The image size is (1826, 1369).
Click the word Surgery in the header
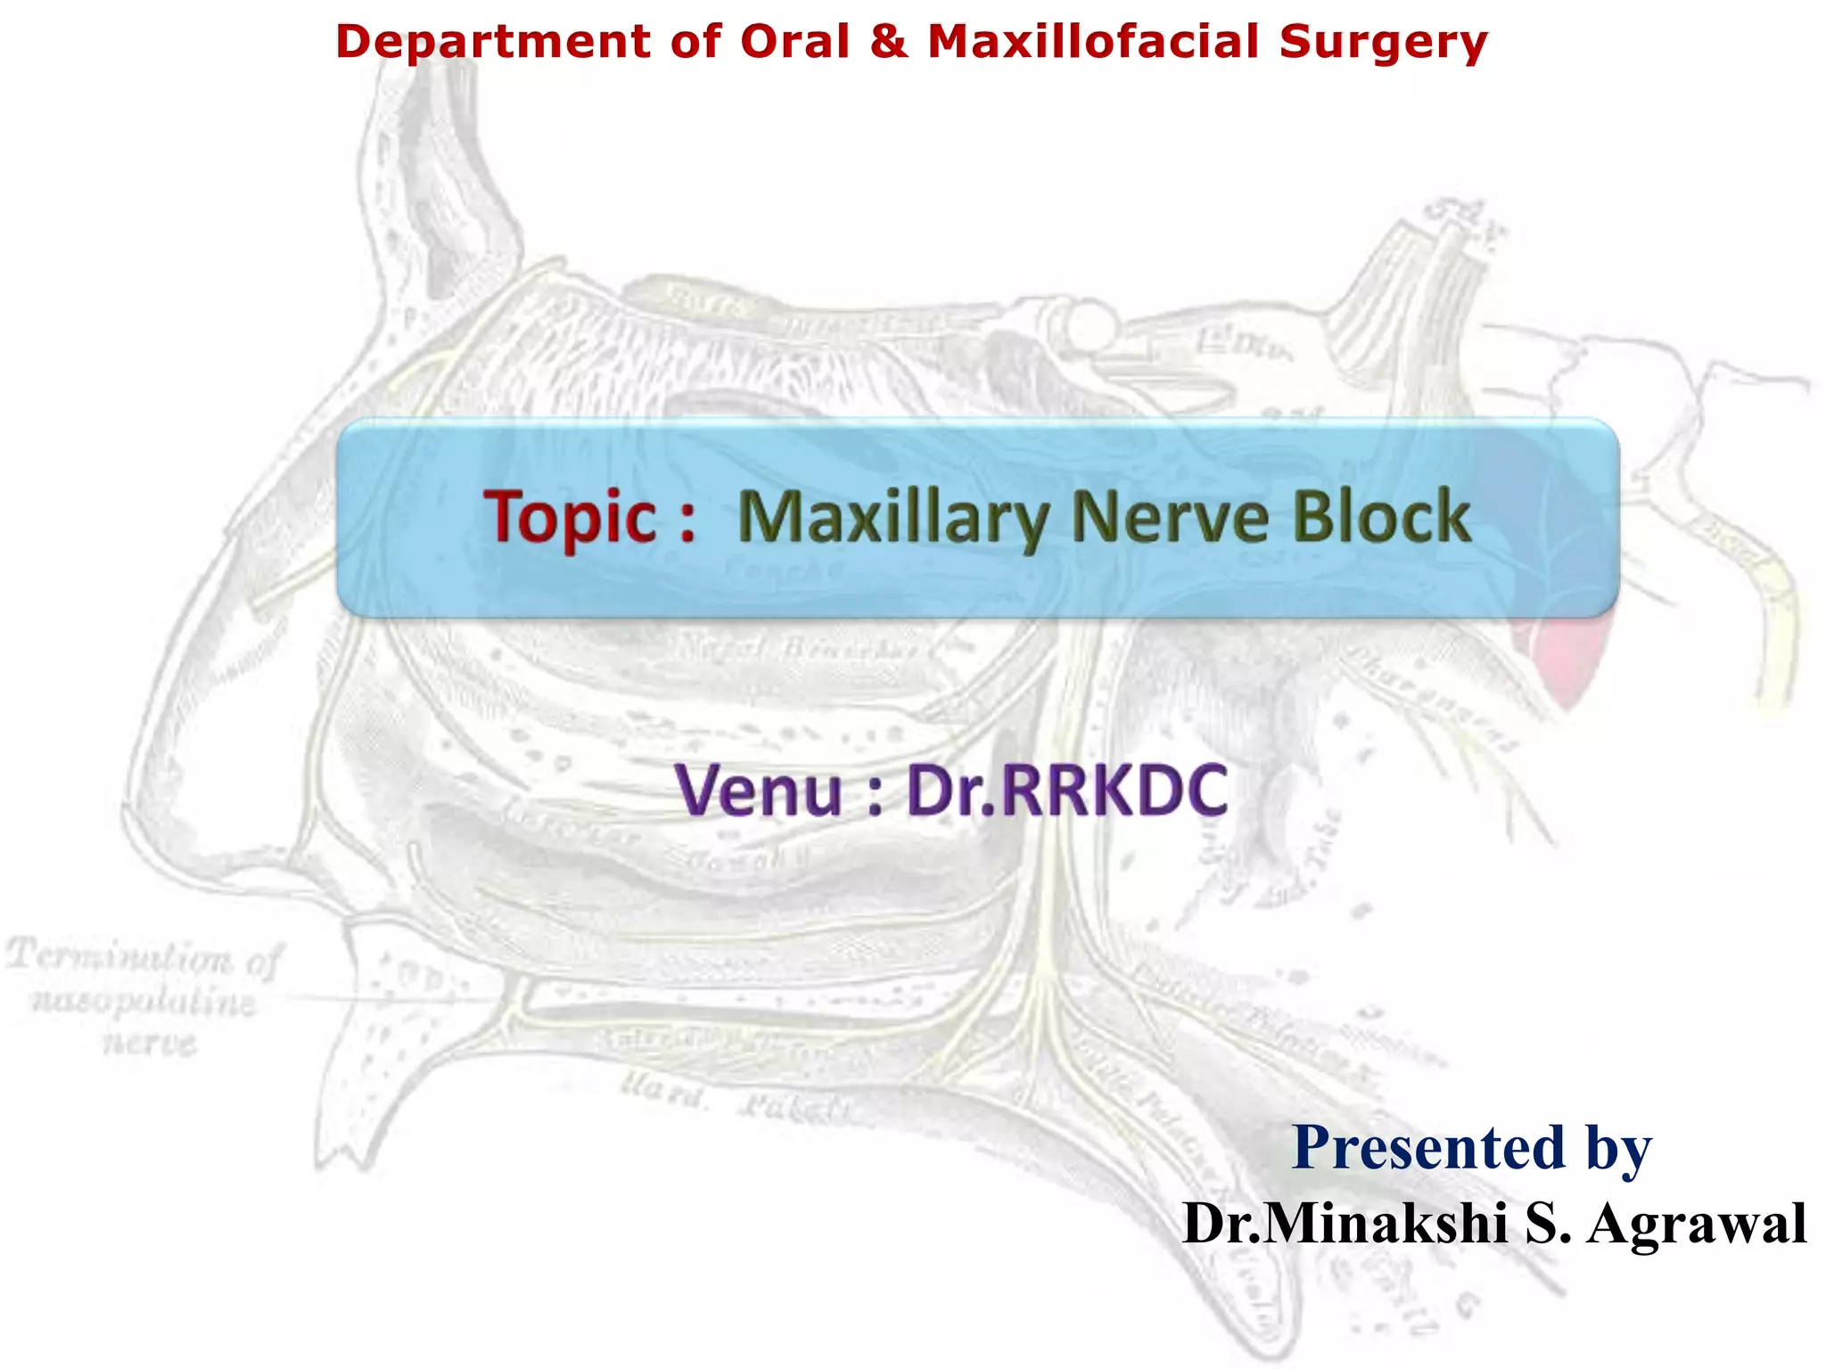[1383, 44]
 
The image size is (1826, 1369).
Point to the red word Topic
[571, 517]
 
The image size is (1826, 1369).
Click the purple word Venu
[759, 791]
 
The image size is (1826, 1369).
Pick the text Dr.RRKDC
[1066, 791]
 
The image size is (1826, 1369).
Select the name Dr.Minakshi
[1345, 1223]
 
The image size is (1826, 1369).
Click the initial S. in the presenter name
[1548, 1223]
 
